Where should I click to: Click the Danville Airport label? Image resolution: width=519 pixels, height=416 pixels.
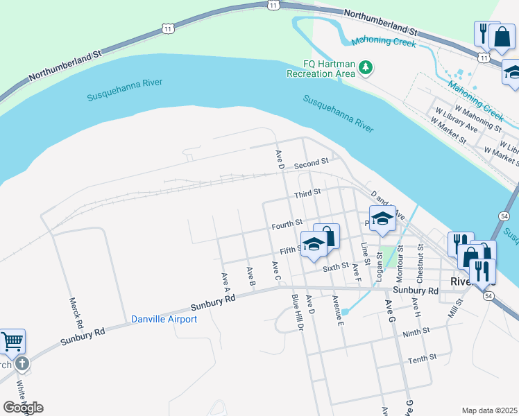coord(164,319)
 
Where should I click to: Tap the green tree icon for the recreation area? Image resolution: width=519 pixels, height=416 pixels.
coord(366,67)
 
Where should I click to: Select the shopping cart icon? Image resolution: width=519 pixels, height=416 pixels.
coord(12,341)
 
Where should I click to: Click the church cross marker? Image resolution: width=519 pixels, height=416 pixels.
coord(22,363)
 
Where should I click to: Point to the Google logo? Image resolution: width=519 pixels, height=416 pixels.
coord(23,407)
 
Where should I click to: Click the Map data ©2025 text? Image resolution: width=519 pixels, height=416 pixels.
coord(489,410)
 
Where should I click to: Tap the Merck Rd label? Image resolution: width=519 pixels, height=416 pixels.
coord(76,313)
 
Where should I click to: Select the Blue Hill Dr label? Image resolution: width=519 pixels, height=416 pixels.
coord(298,311)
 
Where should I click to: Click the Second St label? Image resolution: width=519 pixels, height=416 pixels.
coord(309,166)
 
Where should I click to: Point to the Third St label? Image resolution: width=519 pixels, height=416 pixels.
coord(307,192)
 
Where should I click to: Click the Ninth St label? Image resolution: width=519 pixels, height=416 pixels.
coord(416,333)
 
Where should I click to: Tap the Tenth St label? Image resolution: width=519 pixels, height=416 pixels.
coord(422,358)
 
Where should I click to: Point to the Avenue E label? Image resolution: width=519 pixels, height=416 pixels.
coord(338,311)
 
